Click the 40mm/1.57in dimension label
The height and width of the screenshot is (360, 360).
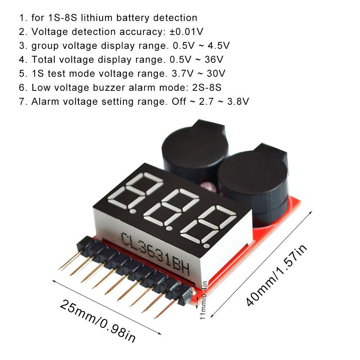(278, 274)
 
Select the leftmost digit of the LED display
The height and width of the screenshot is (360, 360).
(139, 191)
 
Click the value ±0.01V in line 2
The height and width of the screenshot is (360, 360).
(186, 32)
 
